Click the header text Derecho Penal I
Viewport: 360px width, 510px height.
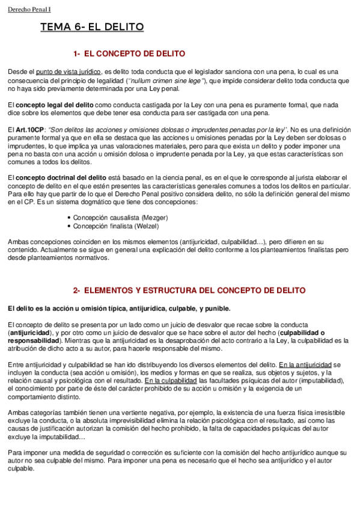click(x=29, y=9)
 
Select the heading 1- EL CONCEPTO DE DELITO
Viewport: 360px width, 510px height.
click(x=129, y=54)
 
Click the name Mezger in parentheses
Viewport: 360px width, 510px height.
click(x=153, y=217)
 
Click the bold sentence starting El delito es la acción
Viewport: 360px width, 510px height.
click(x=119, y=309)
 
